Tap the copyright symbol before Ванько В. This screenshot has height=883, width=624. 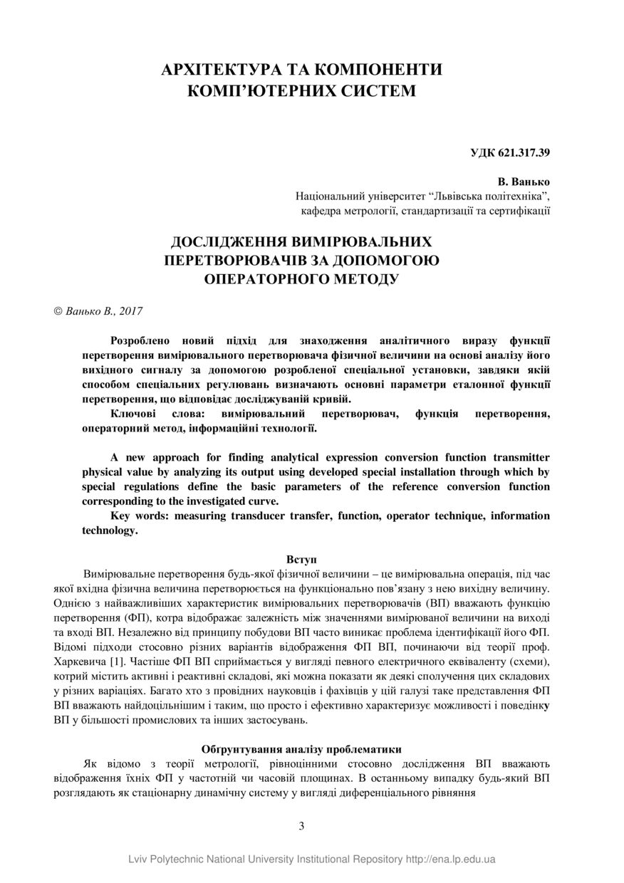(x=58, y=311)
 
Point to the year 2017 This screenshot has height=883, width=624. (x=131, y=311)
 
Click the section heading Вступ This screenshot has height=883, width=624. (x=301, y=559)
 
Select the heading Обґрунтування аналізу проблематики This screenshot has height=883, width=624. (x=301, y=749)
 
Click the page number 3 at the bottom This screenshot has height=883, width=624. (x=301, y=826)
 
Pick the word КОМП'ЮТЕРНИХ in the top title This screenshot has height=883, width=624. (x=254, y=91)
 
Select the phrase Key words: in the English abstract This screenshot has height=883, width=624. (x=140, y=516)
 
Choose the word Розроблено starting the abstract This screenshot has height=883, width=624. (x=140, y=340)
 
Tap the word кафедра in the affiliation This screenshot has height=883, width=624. (x=318, y=211)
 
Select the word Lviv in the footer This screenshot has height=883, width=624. (x=140, y=859)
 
